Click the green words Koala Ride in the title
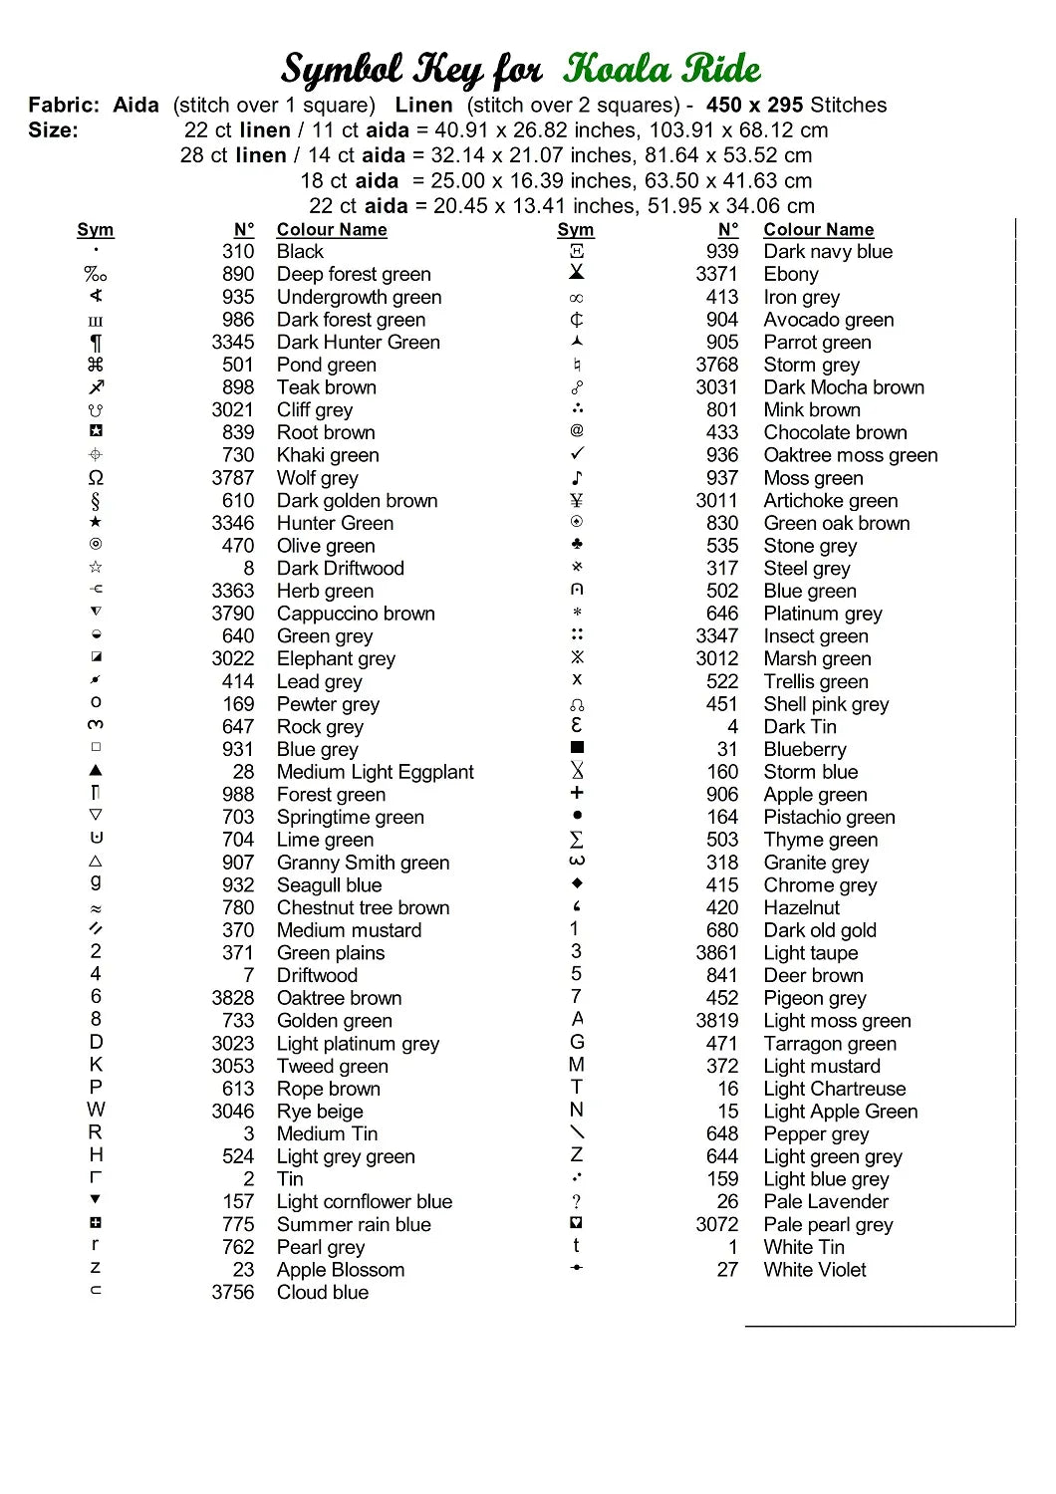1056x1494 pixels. coord(661,69)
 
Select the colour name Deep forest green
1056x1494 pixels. coord(354,274)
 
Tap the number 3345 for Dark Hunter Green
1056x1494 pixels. coord(232,342)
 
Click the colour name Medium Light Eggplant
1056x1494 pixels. coord(375,772)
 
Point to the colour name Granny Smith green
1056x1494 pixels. coord(363,863)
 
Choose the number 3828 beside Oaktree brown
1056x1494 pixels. coord(232,998)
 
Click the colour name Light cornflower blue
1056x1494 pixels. coord(364,1201)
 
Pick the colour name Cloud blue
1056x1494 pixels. coord(322,1292)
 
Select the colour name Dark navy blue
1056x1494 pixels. coord(828,252)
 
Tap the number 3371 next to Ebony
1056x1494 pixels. coord(716,274)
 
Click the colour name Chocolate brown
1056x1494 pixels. coord(835,432)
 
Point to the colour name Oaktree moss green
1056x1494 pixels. coord(850,455)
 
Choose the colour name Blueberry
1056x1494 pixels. coord(804,749)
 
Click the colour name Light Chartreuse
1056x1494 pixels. coord(834,1089)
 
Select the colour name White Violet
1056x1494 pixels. coord(814,1270)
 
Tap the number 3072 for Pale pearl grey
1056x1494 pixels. coord(716,1224)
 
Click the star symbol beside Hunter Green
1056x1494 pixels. coord(96,522)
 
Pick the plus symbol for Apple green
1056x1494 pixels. coord(577,793)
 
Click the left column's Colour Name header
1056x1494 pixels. coord(331,230)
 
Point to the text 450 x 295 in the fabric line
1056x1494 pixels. coord(754,105)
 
